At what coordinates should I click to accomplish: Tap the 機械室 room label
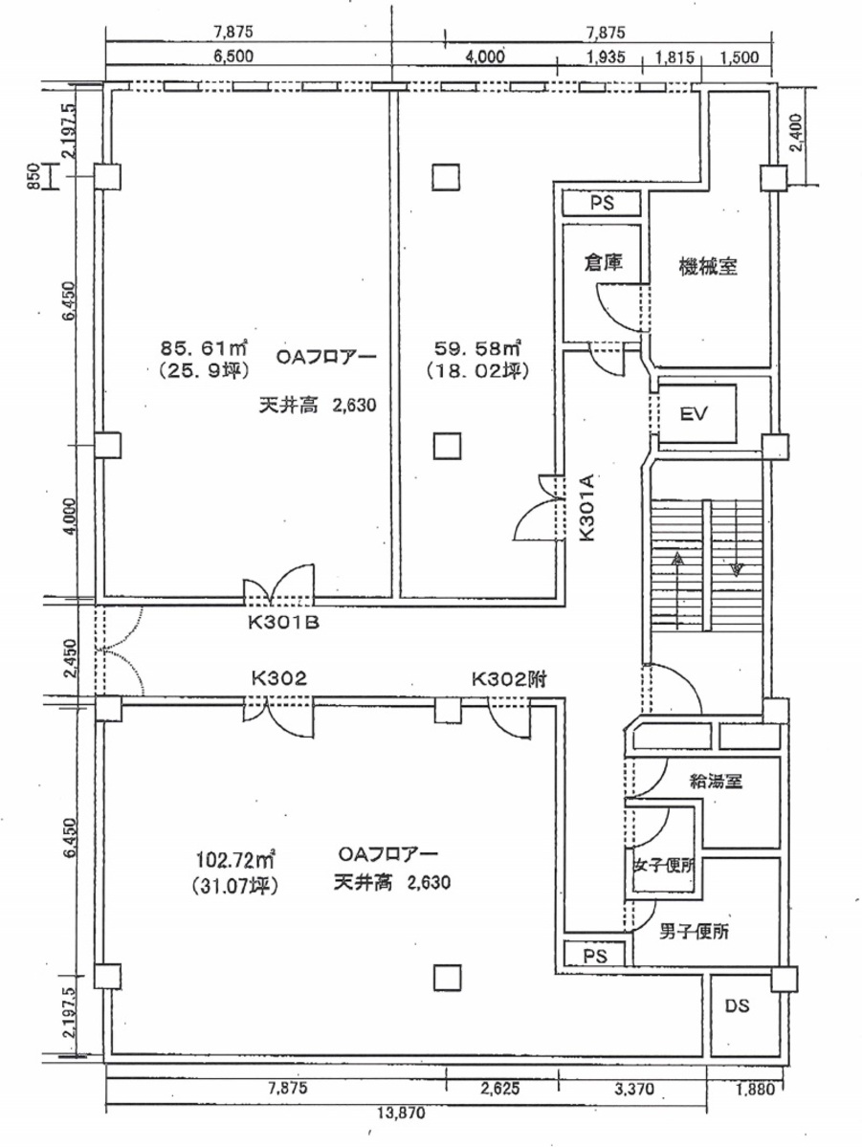(x=707, y=266)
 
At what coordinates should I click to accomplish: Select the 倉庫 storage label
(x=604, y=262)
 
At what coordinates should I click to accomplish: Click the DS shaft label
(x=736, y=1006)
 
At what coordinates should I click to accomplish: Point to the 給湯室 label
(x=717, y=780)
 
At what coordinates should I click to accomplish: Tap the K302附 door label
(x=508, y=678)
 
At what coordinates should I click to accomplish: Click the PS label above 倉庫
(x=601, y=204)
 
